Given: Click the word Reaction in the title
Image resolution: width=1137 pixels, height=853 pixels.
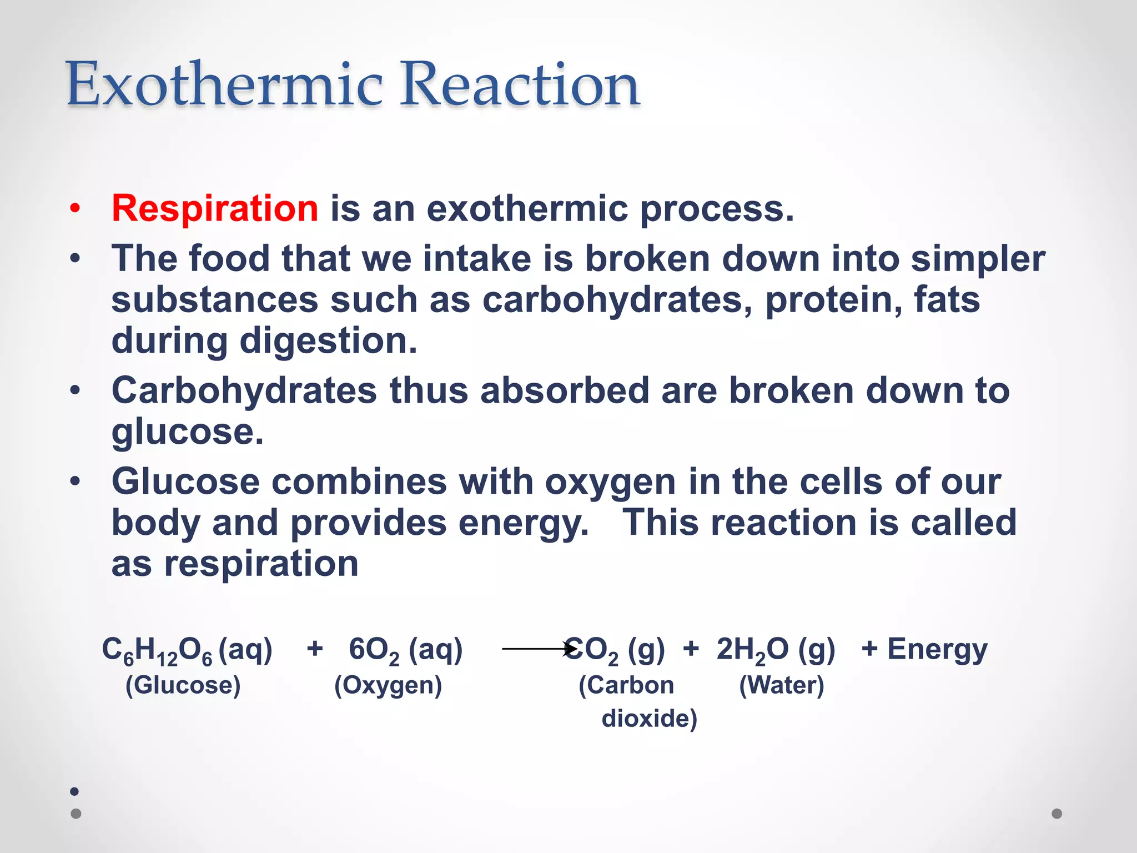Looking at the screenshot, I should pyautogui.click(x=520, y=84).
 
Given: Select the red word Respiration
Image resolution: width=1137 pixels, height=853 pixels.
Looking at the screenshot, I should pyautogui.click(x=215, y=208).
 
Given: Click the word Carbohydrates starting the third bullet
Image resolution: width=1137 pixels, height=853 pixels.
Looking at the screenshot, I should pyautogui.click(x=244, y=390).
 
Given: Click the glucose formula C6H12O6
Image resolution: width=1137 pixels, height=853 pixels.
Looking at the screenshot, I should pyautogui.click(x=157, y=650).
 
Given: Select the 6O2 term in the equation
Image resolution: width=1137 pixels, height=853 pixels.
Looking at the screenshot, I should pyautogui.click(x=374, y=650).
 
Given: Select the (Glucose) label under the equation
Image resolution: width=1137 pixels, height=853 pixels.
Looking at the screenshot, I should pyautogui.click(x=183, y=685).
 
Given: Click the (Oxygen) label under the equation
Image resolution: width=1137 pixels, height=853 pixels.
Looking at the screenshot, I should pyautogui.click(x=388, y=685).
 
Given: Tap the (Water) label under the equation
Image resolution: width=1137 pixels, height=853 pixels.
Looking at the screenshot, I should pyautogui.click(x=781, y=685).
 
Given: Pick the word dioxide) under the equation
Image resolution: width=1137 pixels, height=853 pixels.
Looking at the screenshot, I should pyautogui.click(x=649, y=719).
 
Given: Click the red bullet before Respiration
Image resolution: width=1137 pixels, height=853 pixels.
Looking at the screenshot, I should pyautogui.click(x=75, y=209).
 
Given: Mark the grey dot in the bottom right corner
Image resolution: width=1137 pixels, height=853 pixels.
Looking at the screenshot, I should pyautogui.click(x=1056, y=814).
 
